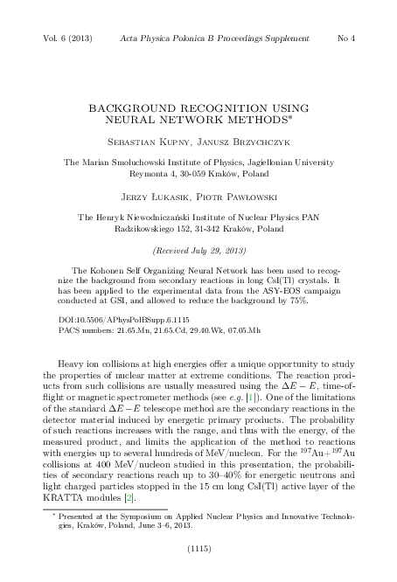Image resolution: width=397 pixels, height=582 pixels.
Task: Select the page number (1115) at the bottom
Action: (198, 551)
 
